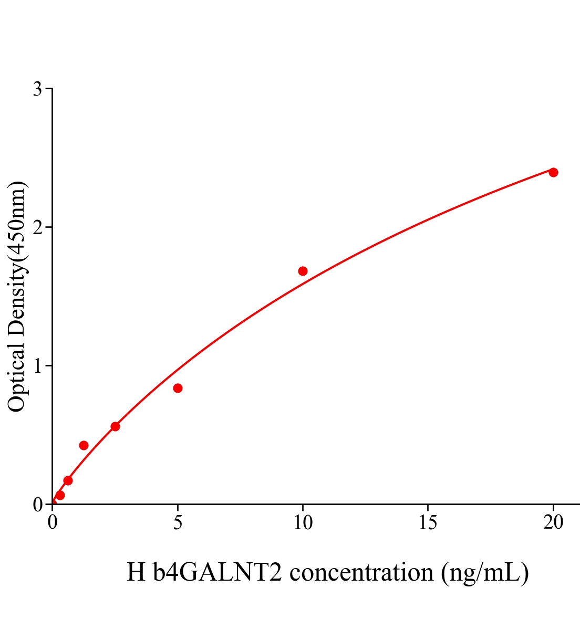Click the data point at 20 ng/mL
coord(553,172)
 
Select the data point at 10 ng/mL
coord(303,271)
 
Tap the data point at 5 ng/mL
coord(178,388)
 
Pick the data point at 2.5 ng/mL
coord(115,426)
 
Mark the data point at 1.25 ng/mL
coord(84,445)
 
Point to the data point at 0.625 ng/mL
coord(68,480)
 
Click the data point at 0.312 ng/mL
coord(60,495)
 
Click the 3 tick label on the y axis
coord(38,89)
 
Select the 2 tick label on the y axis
coord(38,227)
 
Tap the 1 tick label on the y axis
coord(38,366)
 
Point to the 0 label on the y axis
coord(38,505)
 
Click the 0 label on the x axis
coord(53,522)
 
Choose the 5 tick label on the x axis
coord(178,522)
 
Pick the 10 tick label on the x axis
coord(303,522)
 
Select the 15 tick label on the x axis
coord(428,522)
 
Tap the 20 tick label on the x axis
coord(553,522)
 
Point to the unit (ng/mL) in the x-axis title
coord(484,573)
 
